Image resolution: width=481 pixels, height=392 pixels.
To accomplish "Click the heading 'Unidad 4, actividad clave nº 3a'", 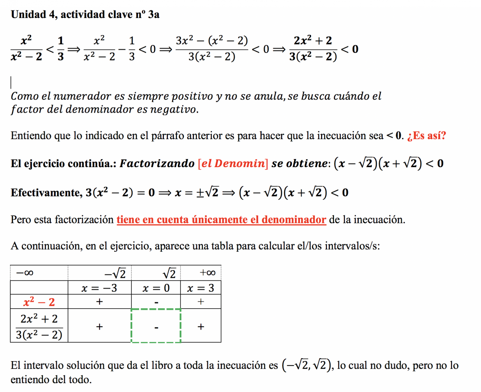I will [85, 15].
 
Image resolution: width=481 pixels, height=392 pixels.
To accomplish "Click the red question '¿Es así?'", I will [426, 136].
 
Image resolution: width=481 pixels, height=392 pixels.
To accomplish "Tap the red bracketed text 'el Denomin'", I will [233, 164].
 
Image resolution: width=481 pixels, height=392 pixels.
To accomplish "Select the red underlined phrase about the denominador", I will [221, 220].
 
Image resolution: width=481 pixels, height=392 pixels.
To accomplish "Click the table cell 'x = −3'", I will [99, 288].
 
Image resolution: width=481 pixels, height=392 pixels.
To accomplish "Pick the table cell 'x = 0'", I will [156, 288].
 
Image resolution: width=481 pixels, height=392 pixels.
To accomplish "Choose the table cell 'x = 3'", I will [201, 288].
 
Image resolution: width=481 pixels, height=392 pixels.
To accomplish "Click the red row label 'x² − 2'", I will [39, 302].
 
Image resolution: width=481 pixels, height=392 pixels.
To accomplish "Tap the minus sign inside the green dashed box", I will [156, 328].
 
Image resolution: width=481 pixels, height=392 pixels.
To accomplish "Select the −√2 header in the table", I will [115, 274].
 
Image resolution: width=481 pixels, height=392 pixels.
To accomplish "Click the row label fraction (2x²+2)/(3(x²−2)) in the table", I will [39, 325].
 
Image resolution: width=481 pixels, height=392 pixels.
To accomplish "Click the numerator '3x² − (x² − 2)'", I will [211, 40].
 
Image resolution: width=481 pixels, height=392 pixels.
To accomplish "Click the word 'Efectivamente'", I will [46, 193].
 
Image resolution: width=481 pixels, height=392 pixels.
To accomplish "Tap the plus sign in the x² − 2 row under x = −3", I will [99, 302].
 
